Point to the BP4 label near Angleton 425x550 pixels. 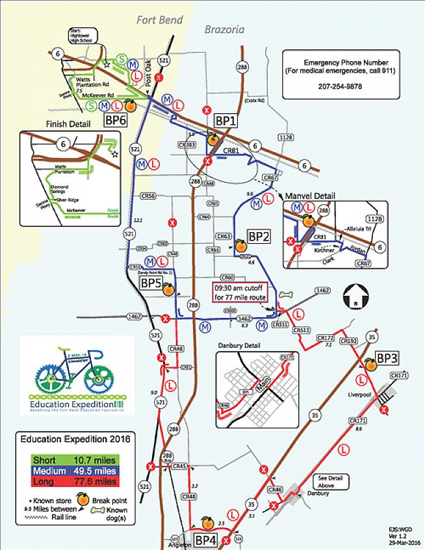tap(205, 538)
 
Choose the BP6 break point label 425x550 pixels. tap(115, 120)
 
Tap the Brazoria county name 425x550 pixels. tap(223, 29)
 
